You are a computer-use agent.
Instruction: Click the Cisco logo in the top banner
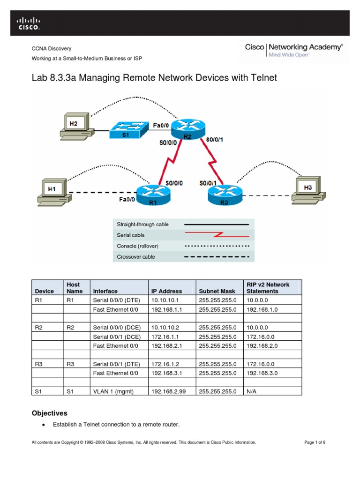tap(29, 23)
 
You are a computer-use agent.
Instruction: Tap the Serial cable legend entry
tap(131, 235)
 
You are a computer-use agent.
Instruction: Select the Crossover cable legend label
tap(135, 257)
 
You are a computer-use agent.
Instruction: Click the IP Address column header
tap(166, 291)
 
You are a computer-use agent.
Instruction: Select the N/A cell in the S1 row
tap(251, 390)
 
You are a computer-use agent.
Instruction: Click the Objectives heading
tap(49, 413)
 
